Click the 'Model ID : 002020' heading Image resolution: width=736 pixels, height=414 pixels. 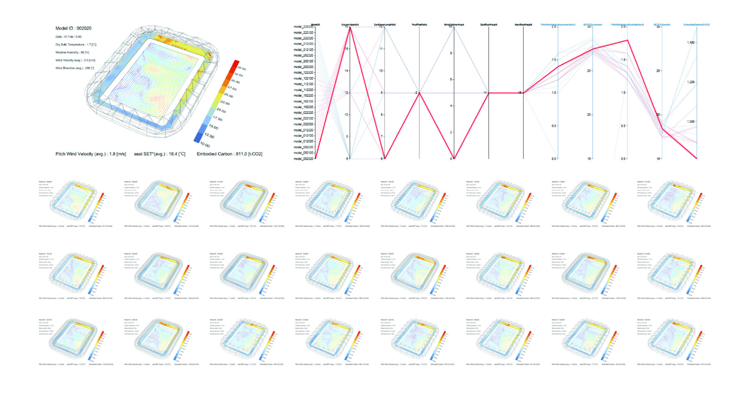click(73, 28)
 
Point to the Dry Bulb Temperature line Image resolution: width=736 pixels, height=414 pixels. click(76, 44)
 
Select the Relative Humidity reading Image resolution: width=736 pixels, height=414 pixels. click(72, 53)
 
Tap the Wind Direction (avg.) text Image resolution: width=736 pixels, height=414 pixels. click(74, 68)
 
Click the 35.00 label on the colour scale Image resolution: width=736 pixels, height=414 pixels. click(242, 69)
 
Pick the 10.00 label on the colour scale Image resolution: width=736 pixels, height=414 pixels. click(205, 145)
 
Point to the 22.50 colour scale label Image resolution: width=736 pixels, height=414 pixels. click(225, 103)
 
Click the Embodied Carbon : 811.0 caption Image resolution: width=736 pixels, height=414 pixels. click(229, 154)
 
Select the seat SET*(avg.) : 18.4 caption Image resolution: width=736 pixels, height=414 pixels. click(159, 154)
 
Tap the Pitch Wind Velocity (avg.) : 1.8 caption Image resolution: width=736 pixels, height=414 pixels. click(90, 154)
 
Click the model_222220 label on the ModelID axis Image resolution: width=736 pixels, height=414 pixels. click(303, 27)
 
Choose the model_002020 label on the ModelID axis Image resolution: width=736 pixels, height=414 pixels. click(303, 159)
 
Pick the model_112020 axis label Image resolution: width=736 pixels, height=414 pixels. click(303, 90)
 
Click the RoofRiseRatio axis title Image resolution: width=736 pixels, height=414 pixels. click(419, 25)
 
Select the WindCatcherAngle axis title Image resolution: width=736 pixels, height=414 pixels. click(454, 25)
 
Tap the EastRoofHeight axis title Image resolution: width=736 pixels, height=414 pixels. click(488, 25)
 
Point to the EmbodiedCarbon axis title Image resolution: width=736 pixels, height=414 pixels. click(697, 25)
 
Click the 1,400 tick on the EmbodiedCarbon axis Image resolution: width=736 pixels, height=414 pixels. click(690, 43)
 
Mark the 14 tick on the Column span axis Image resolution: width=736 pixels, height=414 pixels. click(347, 71)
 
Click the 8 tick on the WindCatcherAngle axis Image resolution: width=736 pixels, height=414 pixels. click(451, 53)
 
